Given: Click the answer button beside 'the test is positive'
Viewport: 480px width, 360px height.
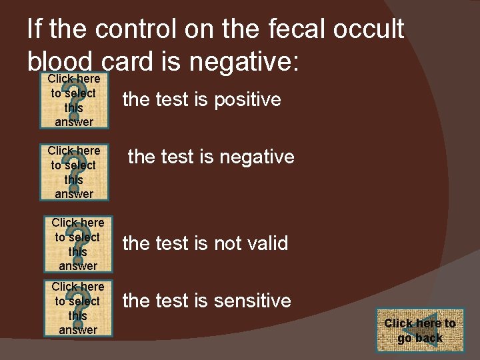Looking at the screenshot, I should coord(74,100).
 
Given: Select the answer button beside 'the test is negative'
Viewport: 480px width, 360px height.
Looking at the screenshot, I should coord(74,172).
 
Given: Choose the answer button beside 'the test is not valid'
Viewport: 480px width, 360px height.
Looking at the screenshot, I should coord(78,244).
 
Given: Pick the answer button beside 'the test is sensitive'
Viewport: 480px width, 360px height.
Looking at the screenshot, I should coord(78,308).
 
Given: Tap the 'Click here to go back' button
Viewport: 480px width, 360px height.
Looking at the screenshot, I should coord(420,330).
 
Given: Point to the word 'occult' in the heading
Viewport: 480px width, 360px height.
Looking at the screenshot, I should coord(371,29).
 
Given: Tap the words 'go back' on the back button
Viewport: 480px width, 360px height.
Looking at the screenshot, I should coord(420,338).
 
